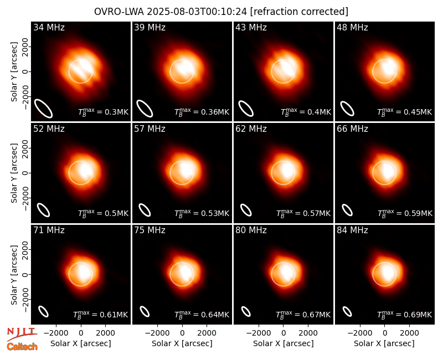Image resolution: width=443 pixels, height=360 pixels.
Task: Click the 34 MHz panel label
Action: tap(49, 27)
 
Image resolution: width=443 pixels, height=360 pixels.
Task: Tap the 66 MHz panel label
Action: tap(352, 129)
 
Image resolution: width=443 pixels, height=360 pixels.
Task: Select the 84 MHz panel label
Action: tap(352, 230)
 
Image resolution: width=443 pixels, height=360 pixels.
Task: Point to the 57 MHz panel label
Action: tap(150, 129)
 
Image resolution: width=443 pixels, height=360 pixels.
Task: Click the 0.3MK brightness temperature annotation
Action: tap(104, 112)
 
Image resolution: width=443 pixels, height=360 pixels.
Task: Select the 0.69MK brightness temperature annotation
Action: tap(405, 315)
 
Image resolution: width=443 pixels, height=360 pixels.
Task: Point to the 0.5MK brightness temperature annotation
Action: tap(104, 213)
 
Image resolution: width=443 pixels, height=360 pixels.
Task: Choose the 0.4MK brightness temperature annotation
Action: tap(306, 112)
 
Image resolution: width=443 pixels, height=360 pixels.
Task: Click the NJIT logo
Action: tap(22, 333)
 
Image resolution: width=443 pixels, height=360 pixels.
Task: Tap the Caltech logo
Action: tap(22, 347)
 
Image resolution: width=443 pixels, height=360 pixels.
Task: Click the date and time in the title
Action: tap(197, 12)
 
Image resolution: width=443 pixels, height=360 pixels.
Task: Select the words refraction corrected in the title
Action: tap(300, 12)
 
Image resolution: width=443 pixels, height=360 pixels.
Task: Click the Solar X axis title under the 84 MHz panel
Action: tap(384, 343)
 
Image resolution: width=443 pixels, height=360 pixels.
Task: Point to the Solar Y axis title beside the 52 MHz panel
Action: tap(14, 173)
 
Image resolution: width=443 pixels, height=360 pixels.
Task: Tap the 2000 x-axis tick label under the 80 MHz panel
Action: tap(308, 333)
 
